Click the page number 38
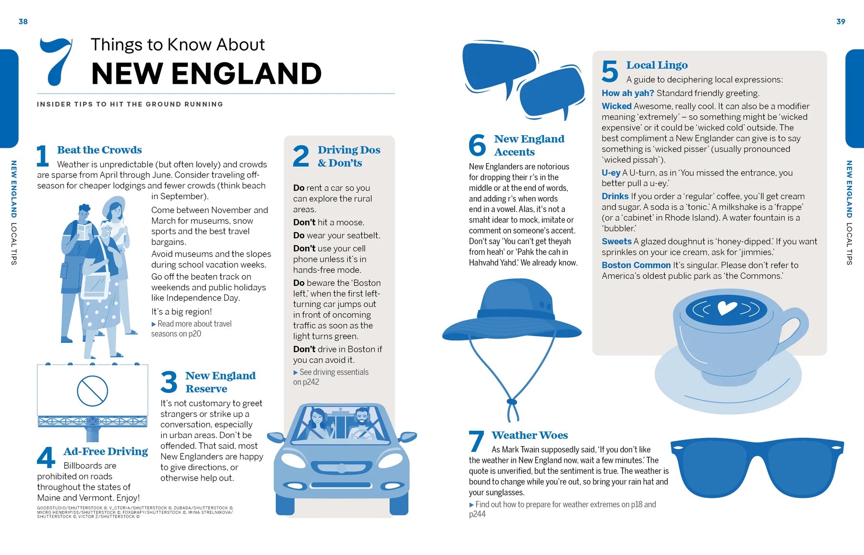pyautogui.click(x=23, y=22)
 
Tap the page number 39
pyautogui.click(x=840, y=22)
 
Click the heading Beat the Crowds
pyautogui.click(x=99, y=150)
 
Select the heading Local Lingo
pyautogui.click(x=657, y=65)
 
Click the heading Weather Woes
pyautogui.click(x=529, y=435)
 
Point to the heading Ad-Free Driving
pyautogui.click(x=106, y=451)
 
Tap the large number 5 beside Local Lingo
pyautogui.click(x=610, y=71)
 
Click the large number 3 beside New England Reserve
pyautogui.click(x=169, y=382)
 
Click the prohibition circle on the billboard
pyautogui.click(x=92, y=390)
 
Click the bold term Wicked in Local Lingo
pyautogui.click(x=616, y=106)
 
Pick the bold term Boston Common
pyautogui.click(x=636, y=265)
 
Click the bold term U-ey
pyautogui.click(x=611, y=173)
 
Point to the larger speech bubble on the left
pyautogui.click(x=499, y=65)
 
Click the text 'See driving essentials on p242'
pyautogui.click(x=331, y=377)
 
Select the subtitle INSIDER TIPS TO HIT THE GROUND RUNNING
pyautogui.click(x=130, y=104)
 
